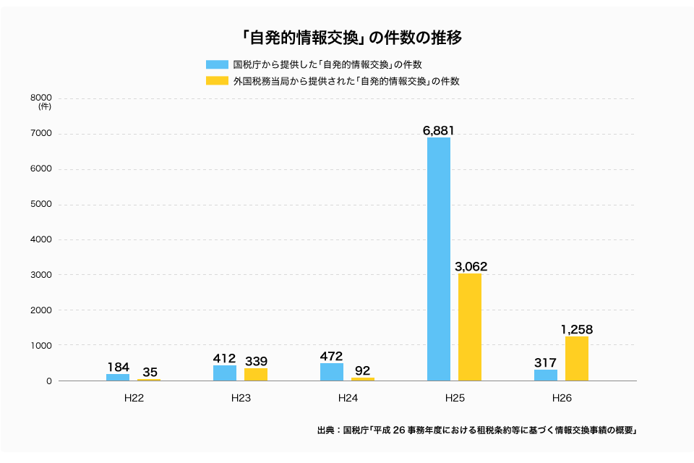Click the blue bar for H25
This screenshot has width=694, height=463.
pyautogui.click(x=439, y=259)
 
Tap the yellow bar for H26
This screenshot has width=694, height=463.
pyautogui.click(x=577, y=358)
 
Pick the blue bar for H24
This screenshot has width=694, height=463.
pyautogui.click(x=332, y=372)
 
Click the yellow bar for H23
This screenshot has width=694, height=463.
pyautogui.click(x=256, y=374)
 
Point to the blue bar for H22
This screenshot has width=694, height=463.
pyautogui.click(x=118, y=377)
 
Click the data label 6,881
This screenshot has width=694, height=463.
pyautogui.click(x=439, y=130)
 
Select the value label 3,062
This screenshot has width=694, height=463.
pyautogui.click(x=471, y=266)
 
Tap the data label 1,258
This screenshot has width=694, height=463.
pyautogui.click(x=577, y=329)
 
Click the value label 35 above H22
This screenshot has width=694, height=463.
pyautogui.click(x=150, y=372)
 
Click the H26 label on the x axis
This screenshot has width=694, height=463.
pyautogui.click(x=562, y=398)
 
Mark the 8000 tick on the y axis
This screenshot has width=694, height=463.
pyautogui.click(x=41, y=98)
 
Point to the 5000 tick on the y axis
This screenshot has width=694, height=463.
pyautogui.click(x=41, y=204)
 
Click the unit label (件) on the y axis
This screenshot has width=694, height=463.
pyautogui.click(x=45, y=107)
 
